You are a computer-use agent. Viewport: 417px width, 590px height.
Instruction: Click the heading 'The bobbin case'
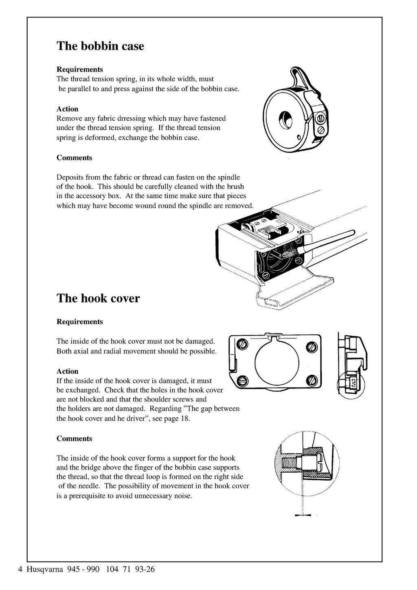click(100, 46)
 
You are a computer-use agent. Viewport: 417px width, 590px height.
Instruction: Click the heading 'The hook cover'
click(98, 298)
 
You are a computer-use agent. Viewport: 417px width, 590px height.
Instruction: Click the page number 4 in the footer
click(20, 569)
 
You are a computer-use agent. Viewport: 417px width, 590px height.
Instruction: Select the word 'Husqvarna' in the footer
click(45, 569)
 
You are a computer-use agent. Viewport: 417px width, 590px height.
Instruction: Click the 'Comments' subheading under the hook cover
click(74, 439)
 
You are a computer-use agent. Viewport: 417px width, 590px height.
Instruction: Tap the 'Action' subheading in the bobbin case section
click(67, 109)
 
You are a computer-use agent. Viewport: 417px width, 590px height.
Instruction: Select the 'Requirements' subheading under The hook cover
click(79, 322)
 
